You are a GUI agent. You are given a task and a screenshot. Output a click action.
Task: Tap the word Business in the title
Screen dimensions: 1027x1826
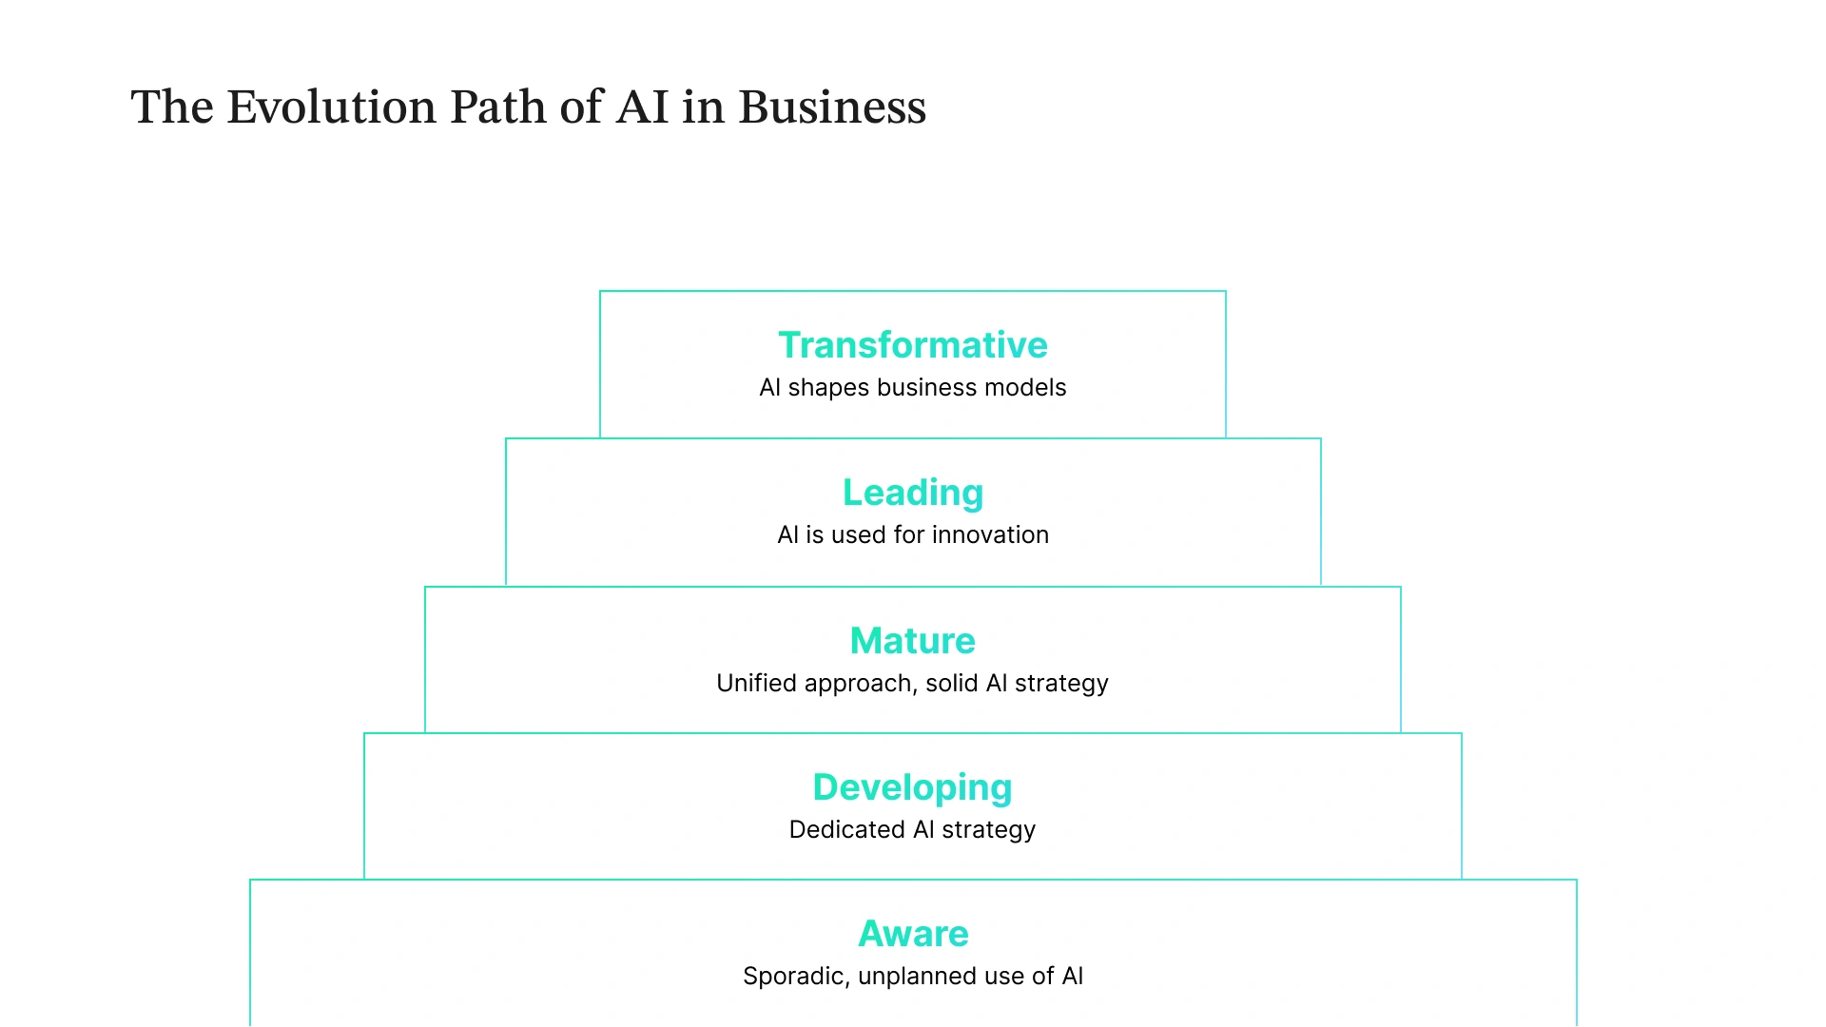point(832,107)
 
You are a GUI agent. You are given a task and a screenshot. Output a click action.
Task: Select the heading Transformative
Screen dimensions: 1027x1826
point(913,345)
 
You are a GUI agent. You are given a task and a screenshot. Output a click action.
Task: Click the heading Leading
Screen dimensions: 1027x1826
point(913,493)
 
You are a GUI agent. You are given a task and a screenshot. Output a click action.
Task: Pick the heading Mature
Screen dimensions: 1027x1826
point(913,641)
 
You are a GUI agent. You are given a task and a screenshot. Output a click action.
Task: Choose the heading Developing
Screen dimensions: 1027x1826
point(913,787)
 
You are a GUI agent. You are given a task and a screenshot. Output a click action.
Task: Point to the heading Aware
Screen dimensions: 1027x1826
point(913,934)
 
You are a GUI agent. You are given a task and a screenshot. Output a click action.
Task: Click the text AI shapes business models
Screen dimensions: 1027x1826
point(913,388)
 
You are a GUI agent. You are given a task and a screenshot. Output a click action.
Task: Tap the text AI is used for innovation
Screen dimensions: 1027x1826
point(913,535)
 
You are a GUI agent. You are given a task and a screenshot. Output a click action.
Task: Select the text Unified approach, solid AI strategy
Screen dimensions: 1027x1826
point(913,684)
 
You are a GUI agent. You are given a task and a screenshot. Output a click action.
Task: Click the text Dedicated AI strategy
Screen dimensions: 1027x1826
point(913,830)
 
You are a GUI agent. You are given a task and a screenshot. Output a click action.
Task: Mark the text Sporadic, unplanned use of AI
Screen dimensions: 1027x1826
point(913,977)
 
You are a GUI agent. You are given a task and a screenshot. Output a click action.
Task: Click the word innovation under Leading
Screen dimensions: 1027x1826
point(990,535)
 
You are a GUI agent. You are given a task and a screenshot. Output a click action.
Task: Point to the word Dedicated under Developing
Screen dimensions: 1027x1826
point(846,830)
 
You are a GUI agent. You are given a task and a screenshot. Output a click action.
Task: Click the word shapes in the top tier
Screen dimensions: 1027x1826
point(828,389)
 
